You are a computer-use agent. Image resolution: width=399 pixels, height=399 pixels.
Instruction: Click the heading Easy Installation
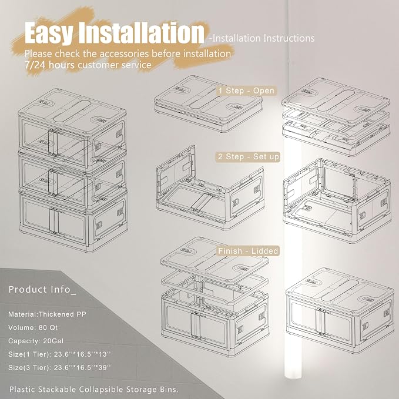tap(114, 32)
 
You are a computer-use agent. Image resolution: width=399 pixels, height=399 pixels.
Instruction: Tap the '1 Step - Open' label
tap(246, 90)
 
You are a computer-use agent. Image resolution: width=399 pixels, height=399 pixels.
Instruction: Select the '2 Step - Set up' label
tap(249, 156)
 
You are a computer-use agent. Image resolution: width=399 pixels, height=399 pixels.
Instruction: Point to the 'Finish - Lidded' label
tap(248, 251)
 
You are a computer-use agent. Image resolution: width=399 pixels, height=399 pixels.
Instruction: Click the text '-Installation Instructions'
tap(261, 38)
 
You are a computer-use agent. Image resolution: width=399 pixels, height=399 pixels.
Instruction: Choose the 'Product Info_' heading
tap(42, 289)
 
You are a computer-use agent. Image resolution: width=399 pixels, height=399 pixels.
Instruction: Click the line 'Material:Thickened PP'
tap(47, 314)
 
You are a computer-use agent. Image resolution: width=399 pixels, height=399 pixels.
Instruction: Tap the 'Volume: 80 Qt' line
tap(33, 327)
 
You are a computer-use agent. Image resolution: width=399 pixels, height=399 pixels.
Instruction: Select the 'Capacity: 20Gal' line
tap(36, 341)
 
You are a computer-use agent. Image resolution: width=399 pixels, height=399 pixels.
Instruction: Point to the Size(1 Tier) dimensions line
tap(59, 354)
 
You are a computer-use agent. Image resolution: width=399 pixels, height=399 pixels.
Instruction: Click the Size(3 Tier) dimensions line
tap(59, 367)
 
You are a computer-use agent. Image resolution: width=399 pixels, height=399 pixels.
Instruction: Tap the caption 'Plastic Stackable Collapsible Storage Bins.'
tap(94, 390)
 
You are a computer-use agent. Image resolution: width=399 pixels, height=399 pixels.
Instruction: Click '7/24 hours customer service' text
tap(88, 65)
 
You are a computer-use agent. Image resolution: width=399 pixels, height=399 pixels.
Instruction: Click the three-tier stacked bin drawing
tap(73, 170)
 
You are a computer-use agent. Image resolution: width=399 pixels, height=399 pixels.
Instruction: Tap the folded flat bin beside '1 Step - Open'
tap(208, 104)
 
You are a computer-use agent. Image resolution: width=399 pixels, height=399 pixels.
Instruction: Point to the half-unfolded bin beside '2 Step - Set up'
tap(210, 188)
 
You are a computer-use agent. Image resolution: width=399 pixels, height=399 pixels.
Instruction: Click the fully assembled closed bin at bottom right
tap(340, 310)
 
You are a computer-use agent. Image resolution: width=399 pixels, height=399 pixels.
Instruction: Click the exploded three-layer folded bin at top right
tap(336, 116)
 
